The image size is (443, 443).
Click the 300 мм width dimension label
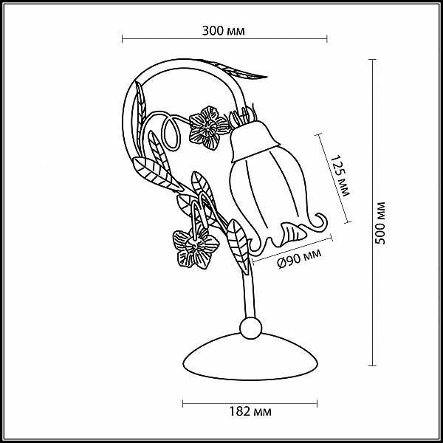click(x=224, y=31)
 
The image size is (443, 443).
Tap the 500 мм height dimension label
click(x=380, y=223)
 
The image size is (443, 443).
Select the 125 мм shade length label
click(x=340, y=175)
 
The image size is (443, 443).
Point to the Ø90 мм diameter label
click(x=300, y=258)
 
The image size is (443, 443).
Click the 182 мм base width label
click(x=250, y=412)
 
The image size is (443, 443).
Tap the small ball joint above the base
click(x=250, y=328)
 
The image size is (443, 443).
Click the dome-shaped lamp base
click(x=250, y=357)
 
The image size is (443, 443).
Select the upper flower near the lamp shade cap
click(x=208, y=127)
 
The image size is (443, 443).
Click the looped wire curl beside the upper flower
click(x=171, y=133)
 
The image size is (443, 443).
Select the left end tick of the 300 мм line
click(x=122, y=38)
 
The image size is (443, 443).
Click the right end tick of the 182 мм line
click(x=317, y=404)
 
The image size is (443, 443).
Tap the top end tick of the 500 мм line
click(x=372, y=60)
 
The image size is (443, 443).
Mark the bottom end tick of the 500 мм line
click(x=372, y=366)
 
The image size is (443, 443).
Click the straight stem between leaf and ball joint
click(x=249, y=295)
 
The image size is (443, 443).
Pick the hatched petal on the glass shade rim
click(x=291, y=233)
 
